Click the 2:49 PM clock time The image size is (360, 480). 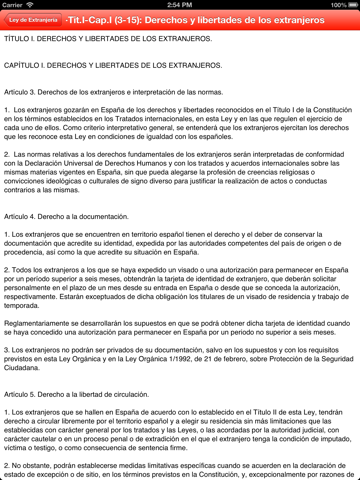(180, 5)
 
